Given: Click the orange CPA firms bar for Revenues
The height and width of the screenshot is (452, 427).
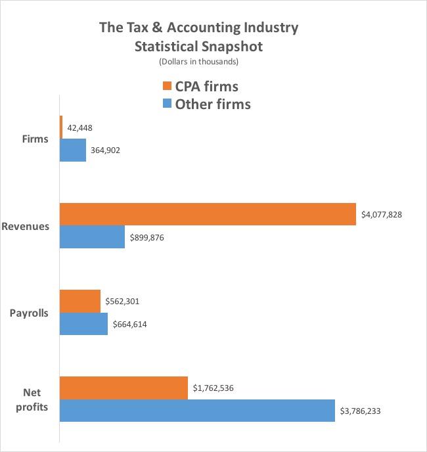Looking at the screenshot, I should (207, 214).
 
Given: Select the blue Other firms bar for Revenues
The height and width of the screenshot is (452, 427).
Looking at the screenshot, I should (92, 237).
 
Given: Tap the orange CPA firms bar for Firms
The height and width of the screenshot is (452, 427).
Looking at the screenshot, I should (61, 127).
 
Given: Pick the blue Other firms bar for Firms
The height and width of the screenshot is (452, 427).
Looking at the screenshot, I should (73, 150).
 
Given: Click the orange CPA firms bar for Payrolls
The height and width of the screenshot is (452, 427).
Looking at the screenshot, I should (80, 302).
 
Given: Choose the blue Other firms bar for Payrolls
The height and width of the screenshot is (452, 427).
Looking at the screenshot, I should (83, 324).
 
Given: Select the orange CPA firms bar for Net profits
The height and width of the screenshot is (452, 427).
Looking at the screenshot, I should (124, 388).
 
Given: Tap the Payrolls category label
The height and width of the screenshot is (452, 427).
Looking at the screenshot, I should (29, 313).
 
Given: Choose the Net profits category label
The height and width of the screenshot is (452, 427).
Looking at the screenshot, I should (32, 399).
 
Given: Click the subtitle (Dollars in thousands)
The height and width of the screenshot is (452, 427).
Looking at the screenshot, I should (198, 62).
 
